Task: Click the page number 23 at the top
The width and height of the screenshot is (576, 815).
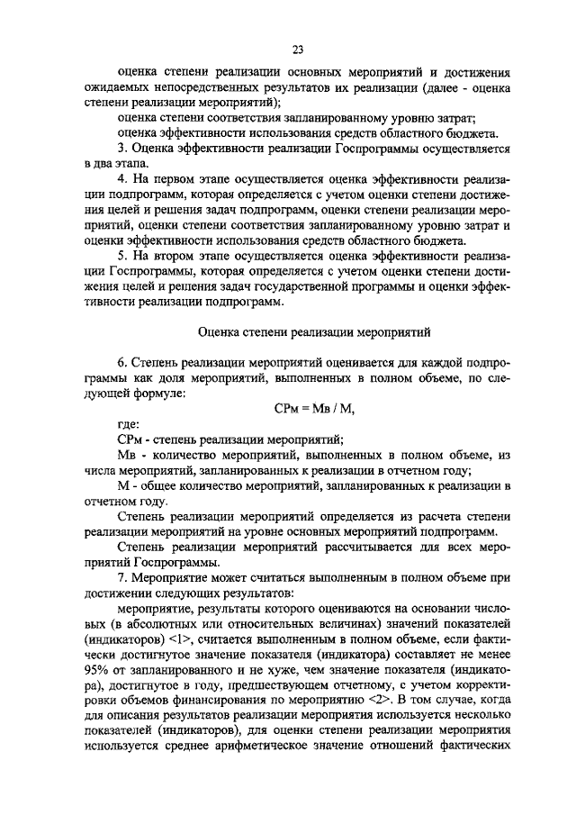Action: click(x=298, y=50)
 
